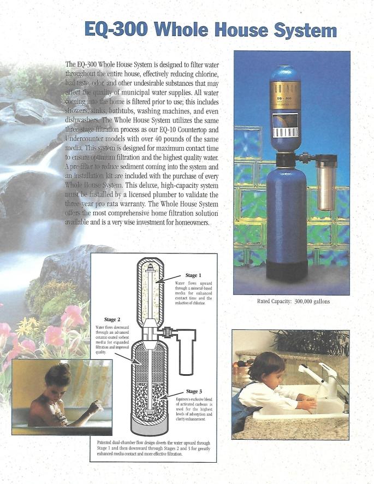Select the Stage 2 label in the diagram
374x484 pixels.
click(112, 319)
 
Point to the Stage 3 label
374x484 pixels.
click(195, 391)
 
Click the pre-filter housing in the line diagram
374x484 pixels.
click(187, 355)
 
